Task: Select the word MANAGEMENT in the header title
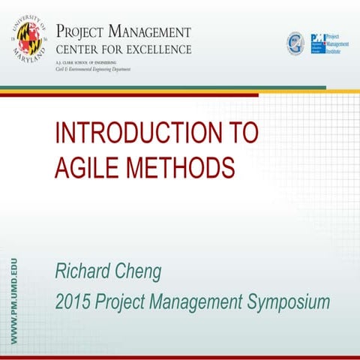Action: pyautogui.click(x=149, y=33)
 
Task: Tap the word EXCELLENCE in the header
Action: pyautogui.click(x=158, y=49)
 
